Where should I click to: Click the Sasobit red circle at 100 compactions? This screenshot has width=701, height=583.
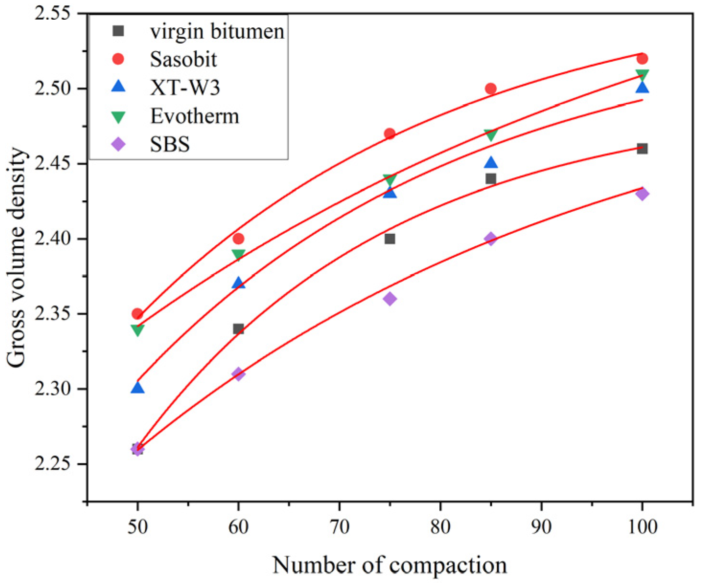tap(642, 58)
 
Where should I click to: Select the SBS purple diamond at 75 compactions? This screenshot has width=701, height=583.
tap(390, 299)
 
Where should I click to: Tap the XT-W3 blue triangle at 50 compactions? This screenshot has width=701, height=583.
tap(138, 387)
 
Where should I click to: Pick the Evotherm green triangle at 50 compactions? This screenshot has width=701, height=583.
tap(138, 330)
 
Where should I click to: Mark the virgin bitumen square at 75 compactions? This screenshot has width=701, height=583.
tap(390, 239)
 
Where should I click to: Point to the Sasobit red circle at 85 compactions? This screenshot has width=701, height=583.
tap(491, 89)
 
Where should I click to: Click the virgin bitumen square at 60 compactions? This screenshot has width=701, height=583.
tap(238, 329)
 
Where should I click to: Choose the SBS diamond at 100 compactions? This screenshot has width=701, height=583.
tap(642, 194)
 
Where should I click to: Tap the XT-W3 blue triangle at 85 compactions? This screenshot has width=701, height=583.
tap(491, 163)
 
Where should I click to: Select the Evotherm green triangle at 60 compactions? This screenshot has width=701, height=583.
tap(238, 254)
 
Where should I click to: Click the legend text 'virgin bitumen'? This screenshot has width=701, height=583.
tap(217, 32)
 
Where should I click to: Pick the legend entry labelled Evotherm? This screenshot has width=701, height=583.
tap(195, 116)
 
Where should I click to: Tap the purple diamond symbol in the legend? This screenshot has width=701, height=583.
tap(118, 144)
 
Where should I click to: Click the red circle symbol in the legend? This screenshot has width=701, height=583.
tap(118, 59)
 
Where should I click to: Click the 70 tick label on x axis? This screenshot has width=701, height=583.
tap(339, 527)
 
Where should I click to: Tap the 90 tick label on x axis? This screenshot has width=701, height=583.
tap(541, 527)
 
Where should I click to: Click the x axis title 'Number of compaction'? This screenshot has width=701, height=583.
tap(389, 565)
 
